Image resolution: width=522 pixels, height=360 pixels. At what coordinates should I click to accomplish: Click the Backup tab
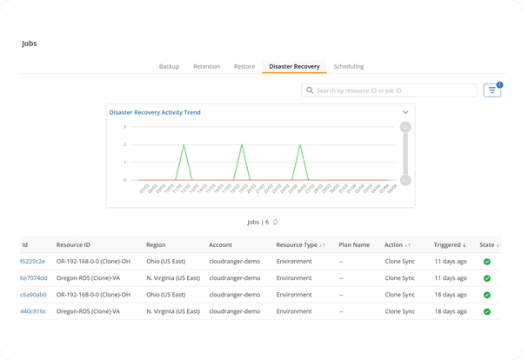pos(169,66)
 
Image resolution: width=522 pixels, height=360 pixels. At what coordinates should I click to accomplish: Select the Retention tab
pos(206,66)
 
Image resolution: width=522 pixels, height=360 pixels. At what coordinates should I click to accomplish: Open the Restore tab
pos(244,66)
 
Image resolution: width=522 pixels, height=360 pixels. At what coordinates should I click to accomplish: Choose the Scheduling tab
pos(348,66)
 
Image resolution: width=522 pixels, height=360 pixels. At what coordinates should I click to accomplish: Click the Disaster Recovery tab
pos(294,66)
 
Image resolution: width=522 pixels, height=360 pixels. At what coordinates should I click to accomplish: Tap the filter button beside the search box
pos(492,90)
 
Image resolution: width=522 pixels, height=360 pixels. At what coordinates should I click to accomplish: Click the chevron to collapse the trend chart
pos(405,112)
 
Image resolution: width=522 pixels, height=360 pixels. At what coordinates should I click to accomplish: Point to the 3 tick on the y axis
pos(125,127)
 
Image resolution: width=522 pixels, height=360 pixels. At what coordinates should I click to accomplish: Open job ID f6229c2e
pos(33,261)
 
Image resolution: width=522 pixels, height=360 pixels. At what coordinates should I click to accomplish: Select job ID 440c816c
pos(33,310)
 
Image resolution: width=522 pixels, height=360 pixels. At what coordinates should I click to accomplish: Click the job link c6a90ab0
pos(33,294)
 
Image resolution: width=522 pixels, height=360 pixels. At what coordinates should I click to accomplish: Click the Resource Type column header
pos(296,244)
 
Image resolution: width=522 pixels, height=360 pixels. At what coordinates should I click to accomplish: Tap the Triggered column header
pos(450,244)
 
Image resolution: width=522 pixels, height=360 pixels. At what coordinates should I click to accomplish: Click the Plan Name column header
pos(354,244)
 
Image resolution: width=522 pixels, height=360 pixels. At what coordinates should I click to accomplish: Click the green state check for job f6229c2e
pos(487,261)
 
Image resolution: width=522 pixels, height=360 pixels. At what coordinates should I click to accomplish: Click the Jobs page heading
pos(30,43)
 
